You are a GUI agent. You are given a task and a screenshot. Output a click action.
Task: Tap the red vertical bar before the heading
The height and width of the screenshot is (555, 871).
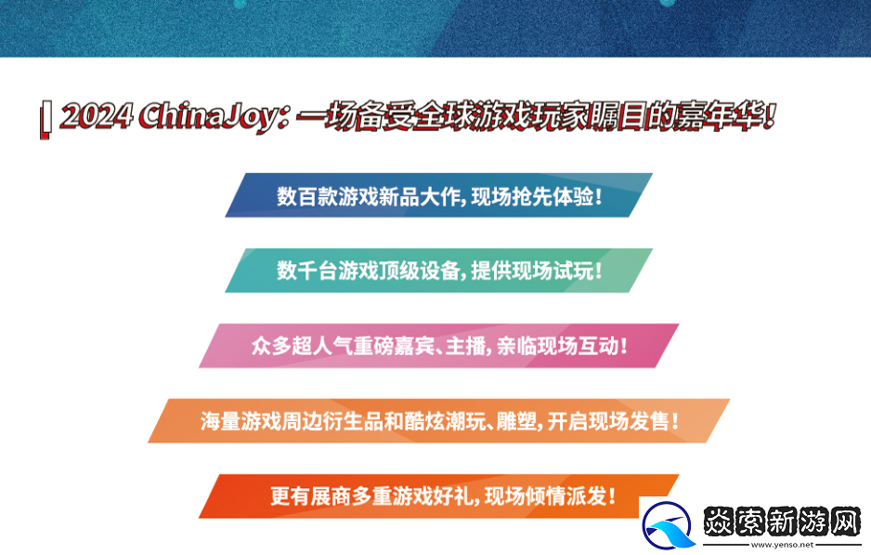point(44,121)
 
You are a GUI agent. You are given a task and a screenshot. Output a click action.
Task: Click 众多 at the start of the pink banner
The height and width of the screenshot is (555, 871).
point(266,347)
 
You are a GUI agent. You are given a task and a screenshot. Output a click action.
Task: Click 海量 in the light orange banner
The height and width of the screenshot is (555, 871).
point(215,421)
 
